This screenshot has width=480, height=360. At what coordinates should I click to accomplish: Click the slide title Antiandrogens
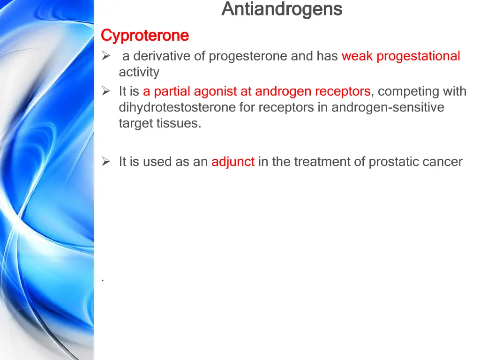(282, 9)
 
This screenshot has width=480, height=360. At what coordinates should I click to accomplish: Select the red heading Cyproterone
(145, 35)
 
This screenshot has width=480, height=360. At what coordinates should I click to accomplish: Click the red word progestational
(418, 56)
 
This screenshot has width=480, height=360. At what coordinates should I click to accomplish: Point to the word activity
(139, 72)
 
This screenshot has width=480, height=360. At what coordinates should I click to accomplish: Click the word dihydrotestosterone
(177, 107)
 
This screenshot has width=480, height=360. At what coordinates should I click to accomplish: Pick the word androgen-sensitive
(388, 107)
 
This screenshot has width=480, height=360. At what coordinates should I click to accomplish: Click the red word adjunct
(233, 162)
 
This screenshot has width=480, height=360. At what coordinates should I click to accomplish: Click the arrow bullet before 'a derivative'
(106, 56)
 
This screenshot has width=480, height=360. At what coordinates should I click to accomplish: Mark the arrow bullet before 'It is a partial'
(106, 91)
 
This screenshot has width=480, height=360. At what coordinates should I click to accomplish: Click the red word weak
(357, 56)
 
